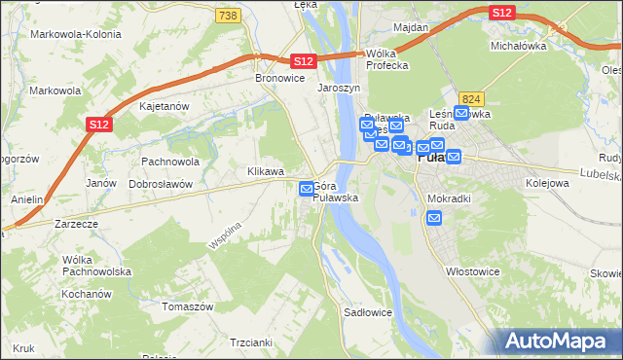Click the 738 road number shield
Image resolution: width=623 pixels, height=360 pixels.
tap(228, 16)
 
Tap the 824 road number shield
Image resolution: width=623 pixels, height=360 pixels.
tap(473, 99)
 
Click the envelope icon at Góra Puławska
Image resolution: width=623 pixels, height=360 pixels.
tap(307, 188)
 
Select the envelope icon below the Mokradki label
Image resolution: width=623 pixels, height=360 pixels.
tap(434, 218)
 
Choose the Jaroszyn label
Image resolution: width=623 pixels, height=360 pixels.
tap(340, 88)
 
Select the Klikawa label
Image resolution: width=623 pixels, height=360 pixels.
tap(266, 170)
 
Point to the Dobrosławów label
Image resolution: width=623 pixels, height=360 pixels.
tap(161, 183)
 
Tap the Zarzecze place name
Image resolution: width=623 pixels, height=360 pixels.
tap(77, 223)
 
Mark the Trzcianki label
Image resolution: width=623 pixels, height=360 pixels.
tap(249, 342)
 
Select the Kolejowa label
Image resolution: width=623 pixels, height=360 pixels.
tap(546, 182)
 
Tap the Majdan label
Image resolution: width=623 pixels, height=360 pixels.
tap(412, 27)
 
